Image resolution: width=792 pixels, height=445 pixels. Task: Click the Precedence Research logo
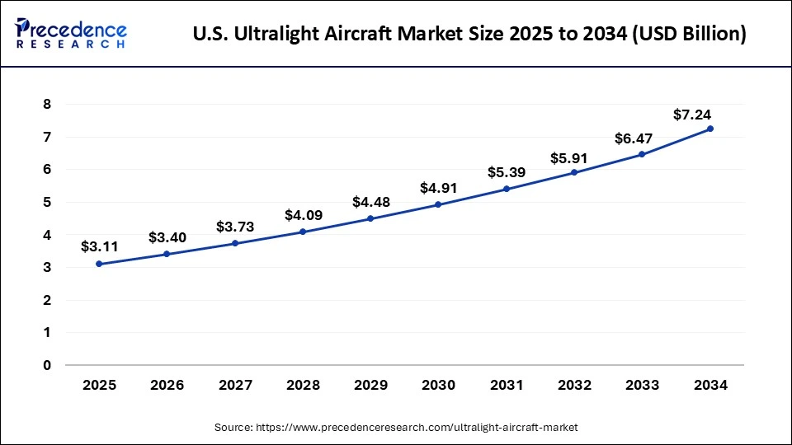(71, 34)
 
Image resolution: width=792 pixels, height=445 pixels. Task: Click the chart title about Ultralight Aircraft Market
(469, 35)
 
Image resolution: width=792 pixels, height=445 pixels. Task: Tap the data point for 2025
(99, 264)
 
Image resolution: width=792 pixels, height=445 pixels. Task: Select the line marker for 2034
(710, 129)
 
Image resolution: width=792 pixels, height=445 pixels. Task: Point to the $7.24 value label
(691, 115)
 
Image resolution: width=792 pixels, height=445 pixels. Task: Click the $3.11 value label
(99, 246)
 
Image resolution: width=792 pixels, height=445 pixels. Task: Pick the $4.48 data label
(370, 202)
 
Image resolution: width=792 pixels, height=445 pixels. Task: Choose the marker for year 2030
(438, 204)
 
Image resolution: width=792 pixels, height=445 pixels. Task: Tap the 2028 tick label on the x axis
(303, 384)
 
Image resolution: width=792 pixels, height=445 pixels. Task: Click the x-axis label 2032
(574, 384)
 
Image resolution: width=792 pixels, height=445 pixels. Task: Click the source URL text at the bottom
(396, 427)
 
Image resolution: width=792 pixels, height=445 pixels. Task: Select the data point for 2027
(235, 243)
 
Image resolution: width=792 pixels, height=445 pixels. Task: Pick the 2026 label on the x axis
(167, 384)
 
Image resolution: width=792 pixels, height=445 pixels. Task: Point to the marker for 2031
(507, 189)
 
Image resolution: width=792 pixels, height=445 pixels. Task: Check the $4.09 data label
(303, 215)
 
